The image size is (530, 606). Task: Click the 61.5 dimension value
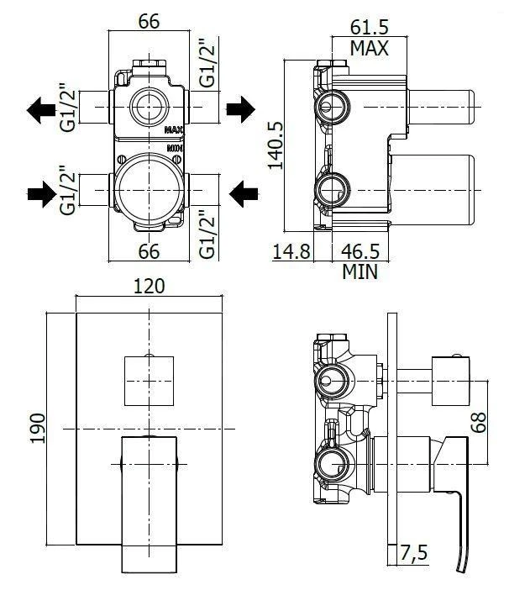(x=370, y=26)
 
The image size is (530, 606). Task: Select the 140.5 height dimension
(x=275, y=145)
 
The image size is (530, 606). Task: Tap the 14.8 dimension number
(x=291, y=251)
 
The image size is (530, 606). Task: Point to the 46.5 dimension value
(x=359, y=251)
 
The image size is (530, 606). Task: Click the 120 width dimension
(x=149, y=286)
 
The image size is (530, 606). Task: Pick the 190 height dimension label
(x=35, y=429)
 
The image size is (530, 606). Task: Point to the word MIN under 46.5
(x=359, y=271)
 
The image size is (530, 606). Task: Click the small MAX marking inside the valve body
(x=174, y=129)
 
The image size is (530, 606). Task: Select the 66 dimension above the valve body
(x=149, y=23)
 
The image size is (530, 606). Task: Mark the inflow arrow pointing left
(x=244, y=194)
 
